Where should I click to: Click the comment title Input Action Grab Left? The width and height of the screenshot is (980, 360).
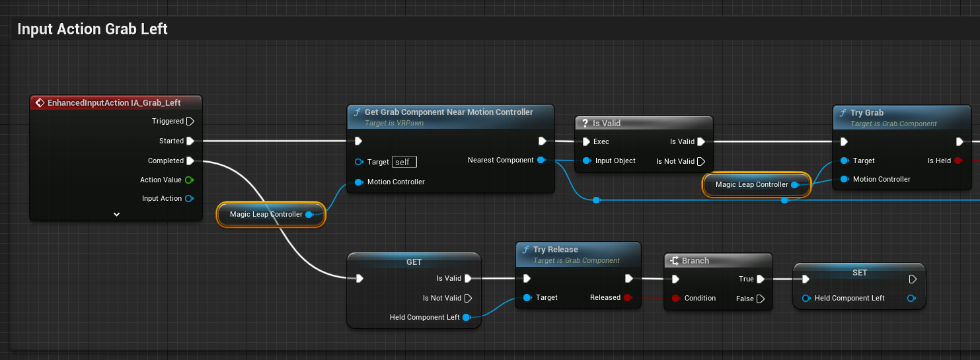click(x=93, y=29)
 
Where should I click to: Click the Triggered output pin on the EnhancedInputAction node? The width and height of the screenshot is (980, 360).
click(x=190, y=122)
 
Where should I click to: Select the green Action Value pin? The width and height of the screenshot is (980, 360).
click(x=189, y=180)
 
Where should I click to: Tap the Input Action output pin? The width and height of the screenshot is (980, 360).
click(x=189, y=199)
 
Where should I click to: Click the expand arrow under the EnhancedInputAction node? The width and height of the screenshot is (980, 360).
click(x=116, y=214)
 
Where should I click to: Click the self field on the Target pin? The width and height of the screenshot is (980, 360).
click(x=404, y=162)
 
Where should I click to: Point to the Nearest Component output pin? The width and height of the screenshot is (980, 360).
click(x=541, y=160)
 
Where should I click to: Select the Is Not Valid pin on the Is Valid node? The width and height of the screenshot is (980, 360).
click(x=701, y=161)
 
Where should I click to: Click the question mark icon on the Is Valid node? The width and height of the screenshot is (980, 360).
click(x=584, y=124)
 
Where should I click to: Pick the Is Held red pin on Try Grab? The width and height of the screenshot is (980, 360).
click(x=957, y=161)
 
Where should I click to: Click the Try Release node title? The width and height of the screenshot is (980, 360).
click(x=555, y=250)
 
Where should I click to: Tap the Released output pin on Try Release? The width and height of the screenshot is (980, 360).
click(x=627, y=298)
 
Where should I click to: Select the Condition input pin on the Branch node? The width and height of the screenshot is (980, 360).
click(x=675, y=299)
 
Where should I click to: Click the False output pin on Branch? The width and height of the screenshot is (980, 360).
click(x=760, y=299)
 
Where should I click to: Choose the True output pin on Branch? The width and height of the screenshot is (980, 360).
click(x=760, y=279)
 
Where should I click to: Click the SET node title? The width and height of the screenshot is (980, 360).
click(x=859, y=273)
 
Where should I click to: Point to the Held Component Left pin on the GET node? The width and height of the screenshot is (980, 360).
click(x=466, y=318)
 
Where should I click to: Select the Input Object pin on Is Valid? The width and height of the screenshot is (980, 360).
click(x=586, y=161)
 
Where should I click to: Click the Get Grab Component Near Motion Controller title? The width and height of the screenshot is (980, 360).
click(x=448, y=112)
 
